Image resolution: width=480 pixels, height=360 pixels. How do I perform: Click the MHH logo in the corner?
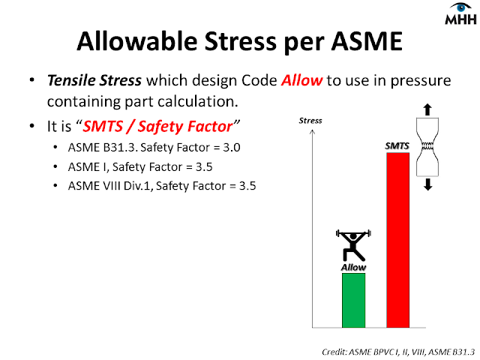pos(460,13)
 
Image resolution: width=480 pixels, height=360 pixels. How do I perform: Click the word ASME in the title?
pos(367,41)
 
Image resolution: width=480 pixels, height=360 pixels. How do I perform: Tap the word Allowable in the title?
pos(136,41)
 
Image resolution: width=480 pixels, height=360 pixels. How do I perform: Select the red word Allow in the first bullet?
pos(301,80)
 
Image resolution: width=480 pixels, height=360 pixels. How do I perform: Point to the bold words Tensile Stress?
pos(94,80)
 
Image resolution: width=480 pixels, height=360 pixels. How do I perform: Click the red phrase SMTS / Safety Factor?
pos(157,127)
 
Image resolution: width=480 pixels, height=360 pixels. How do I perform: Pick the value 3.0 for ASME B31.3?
pos(232,148)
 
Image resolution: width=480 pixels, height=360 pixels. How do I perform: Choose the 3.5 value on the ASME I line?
pos(204,167)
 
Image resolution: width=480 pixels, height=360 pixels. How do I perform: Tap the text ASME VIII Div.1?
pos(110,186)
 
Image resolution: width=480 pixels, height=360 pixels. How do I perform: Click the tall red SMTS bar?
pos(398,240)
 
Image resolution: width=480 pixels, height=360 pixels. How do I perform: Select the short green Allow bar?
pos(353,300)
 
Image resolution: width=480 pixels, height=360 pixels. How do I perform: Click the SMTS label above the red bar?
pos(397,146)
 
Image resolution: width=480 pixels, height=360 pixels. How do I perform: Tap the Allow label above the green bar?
pos(353,268)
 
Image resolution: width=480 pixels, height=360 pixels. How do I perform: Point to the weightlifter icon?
pos(353,245)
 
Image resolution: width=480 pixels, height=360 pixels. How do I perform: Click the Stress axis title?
pos(310,121)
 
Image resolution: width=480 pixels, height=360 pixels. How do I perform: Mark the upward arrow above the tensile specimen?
pos(427,110)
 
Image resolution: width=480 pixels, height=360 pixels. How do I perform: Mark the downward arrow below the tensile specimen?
pos(427,184)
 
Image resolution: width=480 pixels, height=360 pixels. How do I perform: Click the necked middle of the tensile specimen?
pos(427,146)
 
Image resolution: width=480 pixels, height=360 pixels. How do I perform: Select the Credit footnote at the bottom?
pos(398,352)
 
